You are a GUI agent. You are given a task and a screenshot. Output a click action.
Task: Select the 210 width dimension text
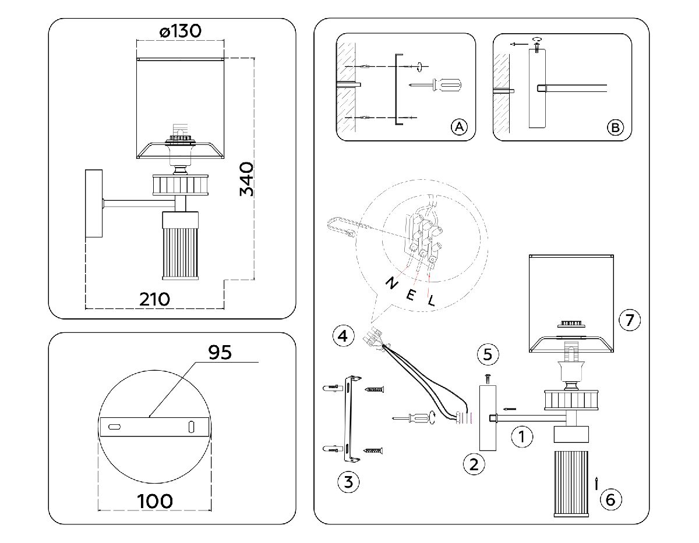(155, 299)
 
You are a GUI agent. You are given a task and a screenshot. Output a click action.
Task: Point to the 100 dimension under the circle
(155, 501)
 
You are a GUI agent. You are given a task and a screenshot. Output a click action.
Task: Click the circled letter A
(459, 126)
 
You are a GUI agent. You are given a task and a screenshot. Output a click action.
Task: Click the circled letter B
(615, 127)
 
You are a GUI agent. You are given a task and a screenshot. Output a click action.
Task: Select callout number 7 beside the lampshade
(630, 319)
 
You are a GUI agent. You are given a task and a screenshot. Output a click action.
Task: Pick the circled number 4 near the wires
(343, 336)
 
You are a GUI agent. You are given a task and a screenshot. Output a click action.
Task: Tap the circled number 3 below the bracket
(348, 481)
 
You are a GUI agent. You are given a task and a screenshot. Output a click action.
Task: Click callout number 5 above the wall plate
(488, 353)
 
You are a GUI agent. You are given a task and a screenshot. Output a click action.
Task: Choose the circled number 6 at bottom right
(610, 499)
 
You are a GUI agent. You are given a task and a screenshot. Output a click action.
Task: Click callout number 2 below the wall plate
(474, 463)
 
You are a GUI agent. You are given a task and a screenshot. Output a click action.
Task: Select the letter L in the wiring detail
(431, 301)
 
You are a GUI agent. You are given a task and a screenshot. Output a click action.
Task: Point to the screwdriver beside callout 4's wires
(415, 418)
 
